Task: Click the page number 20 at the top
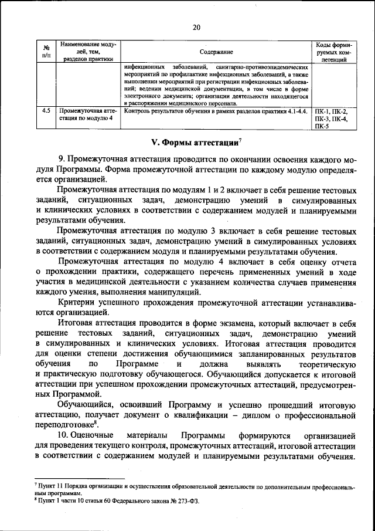pyautogui.click(x=196, y=27)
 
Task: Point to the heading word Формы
pyautogui.click(x=184, y=142)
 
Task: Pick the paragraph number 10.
pyautogui.click(x=64, y=436)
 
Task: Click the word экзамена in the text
pyautogui.click(x=239, y=323)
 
